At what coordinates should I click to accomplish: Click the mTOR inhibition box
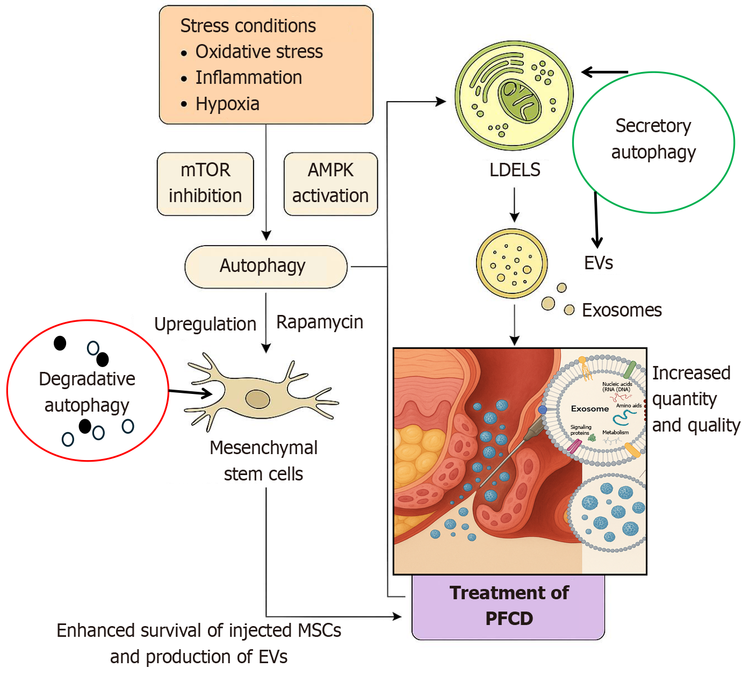click(x=205, y=184)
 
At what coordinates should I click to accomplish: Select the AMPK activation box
click(x=330, y=184)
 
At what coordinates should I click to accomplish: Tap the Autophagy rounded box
click(x=266, y=267)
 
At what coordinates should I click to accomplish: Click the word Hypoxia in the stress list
click(x=227, y=104)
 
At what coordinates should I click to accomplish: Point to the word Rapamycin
click(x=320, y=322)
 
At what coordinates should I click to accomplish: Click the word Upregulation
click(x=205, y=324)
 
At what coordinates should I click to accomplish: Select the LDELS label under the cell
click(x=515, y=170)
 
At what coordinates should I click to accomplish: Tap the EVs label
click(x=599, y=263)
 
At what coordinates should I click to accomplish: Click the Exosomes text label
click(x=622, y=310)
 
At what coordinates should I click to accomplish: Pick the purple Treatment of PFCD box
click(x=508, y=606)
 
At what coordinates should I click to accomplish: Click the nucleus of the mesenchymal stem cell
click(x=258, y=399)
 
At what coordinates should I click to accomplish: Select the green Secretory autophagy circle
click(x=653, y=142)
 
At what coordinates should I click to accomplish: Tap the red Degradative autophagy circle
click(x=88, y=391)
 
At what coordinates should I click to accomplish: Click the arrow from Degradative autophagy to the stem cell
click(x=190, y=393)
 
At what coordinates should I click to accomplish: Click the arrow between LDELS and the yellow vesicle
click(x=515, y=204)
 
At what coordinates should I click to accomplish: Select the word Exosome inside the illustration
click(x=589, y=409)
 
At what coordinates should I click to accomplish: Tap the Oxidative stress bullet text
click(x=259, y=52)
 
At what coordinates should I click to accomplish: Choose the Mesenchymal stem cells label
click(x=263, y=461)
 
